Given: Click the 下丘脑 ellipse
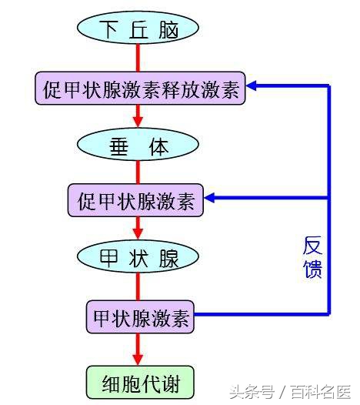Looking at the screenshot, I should (x=138, y=30).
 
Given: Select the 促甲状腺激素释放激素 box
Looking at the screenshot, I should (x=139, y=89).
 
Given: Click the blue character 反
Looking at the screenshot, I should (x=312, y=246).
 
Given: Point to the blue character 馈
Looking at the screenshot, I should (x=312, y=269).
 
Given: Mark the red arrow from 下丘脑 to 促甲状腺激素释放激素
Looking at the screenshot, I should (x=138, y=58).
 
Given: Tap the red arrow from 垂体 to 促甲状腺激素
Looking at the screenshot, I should (x=138, y=173).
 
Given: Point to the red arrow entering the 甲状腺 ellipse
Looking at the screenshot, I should (x=138, y=228).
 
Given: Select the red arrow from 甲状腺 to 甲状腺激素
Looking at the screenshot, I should (x=138, y=286).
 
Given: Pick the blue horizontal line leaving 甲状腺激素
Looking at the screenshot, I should (x=262, y=315).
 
